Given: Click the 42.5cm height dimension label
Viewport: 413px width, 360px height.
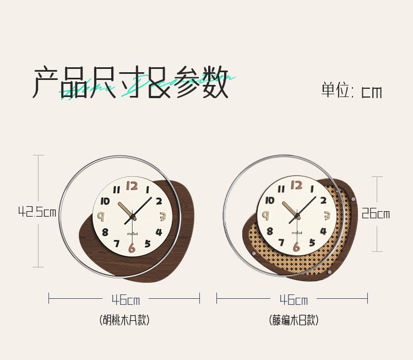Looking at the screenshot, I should tap(37, 212).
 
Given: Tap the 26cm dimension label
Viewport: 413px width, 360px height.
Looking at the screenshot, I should tap(376, 214).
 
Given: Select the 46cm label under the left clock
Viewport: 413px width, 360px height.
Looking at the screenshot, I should tap(126, 300).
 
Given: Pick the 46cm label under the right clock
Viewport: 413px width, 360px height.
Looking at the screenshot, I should tap(294, 300).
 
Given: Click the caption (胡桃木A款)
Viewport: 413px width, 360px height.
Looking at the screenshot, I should tap(124, 320).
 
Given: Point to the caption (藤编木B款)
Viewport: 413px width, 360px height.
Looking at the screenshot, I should tap(294, 320).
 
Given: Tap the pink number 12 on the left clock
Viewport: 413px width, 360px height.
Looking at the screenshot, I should tap(132, 186).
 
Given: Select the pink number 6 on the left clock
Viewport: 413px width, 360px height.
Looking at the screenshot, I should tap(132, 248).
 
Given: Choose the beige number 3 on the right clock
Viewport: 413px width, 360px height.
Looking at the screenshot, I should tap(326, 216).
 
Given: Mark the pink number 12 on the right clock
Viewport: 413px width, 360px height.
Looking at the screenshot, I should tap(296, 185).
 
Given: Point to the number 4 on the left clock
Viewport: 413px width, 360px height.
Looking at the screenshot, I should tap(159, 232).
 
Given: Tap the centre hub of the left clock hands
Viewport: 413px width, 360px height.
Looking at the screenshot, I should tap(132, 217).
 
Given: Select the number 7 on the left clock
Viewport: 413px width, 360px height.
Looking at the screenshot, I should tap(116, 243).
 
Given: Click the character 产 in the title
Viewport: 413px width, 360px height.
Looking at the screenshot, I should tap(46, 82).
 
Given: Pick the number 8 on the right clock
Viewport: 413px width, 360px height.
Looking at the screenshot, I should tap(269, 232).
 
